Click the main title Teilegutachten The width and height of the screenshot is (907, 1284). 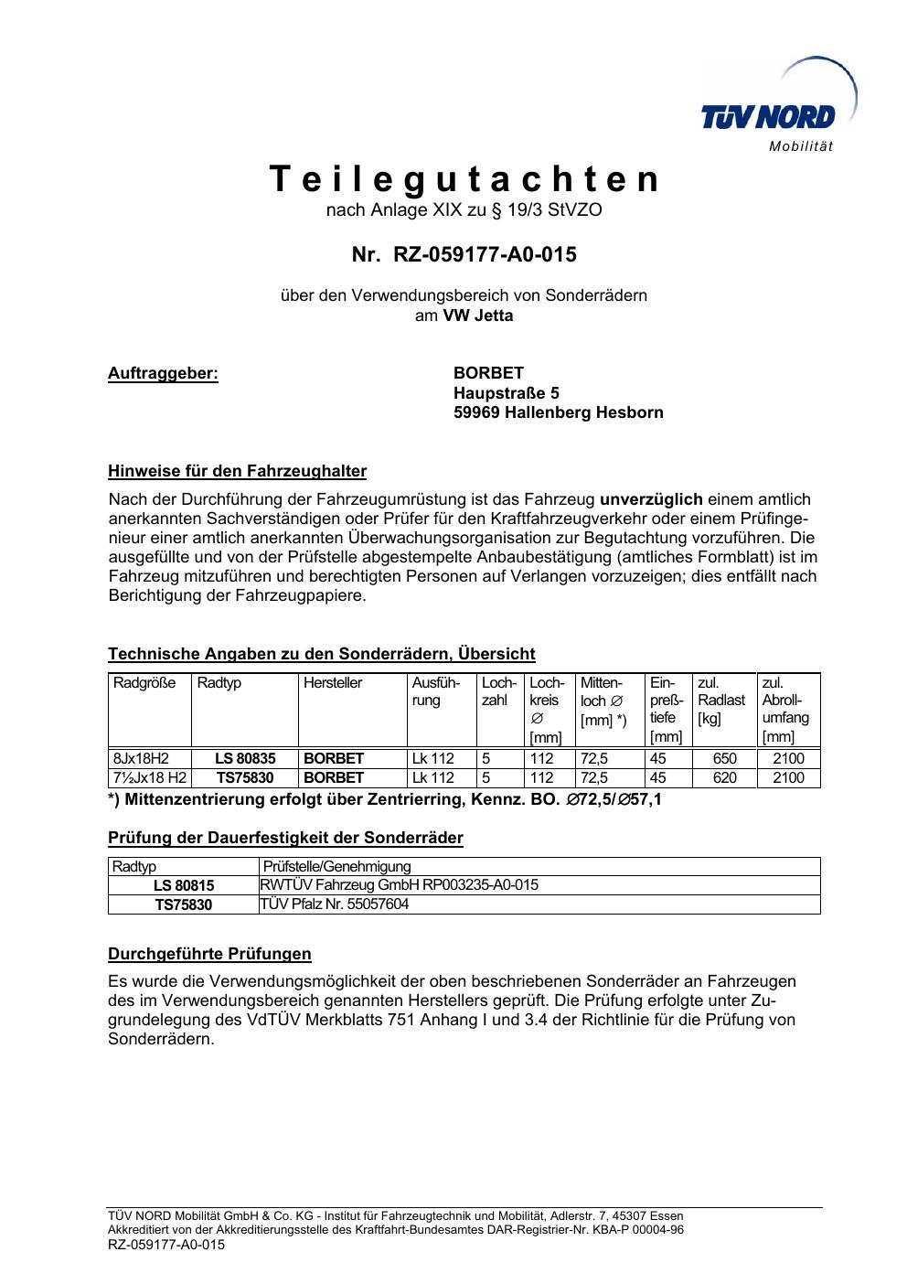point(464,179)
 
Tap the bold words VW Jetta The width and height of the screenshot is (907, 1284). point(478,316)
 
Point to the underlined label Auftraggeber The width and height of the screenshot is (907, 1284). point(164,373)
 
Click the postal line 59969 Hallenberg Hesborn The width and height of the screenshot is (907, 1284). point(558,412)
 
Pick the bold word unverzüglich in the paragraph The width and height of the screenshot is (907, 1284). point(651,499)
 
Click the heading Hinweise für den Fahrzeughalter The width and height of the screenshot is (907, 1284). point(237,472)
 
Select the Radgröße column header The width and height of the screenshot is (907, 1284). point(144,683)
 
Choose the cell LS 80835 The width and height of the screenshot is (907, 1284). point(245,758)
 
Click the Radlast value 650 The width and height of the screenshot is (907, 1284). point(724,758)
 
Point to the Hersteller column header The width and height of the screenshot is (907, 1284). point(333,683)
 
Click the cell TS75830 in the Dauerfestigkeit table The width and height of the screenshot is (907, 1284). point(183,904)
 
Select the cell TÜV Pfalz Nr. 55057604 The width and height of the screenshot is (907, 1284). point(335,904)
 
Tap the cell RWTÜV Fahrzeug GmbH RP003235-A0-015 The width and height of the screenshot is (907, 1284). point(400,884)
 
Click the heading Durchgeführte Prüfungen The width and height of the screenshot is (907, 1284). point(209,954)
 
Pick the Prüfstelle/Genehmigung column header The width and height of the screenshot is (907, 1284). point(336,866)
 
